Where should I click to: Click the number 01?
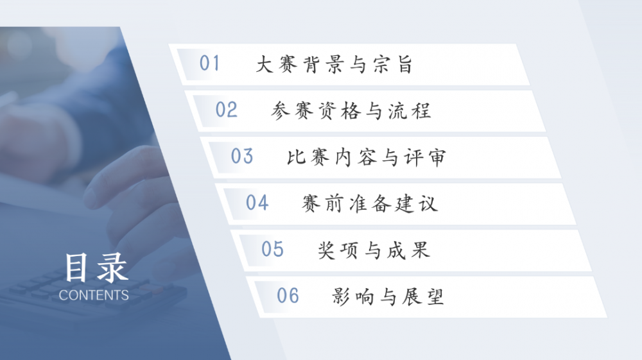[209, 64]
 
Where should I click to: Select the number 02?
[226, 110]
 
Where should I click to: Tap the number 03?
[242, 156]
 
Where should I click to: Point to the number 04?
[257, 203]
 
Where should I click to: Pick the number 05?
[272, 249]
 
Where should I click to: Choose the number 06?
[288, 296]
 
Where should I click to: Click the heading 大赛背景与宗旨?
[334, 65]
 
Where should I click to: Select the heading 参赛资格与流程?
[351, 111]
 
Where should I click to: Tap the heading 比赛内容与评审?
[366, 157]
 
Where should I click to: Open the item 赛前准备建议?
[370, 204]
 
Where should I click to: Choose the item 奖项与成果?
[374, 250]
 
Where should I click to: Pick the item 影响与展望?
[388, 296]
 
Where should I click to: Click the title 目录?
[96, 268]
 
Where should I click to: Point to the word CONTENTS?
[94, 295]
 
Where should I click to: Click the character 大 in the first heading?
[265, 65]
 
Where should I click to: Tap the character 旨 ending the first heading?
[404, 65]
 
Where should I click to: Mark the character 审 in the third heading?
[437, 157]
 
